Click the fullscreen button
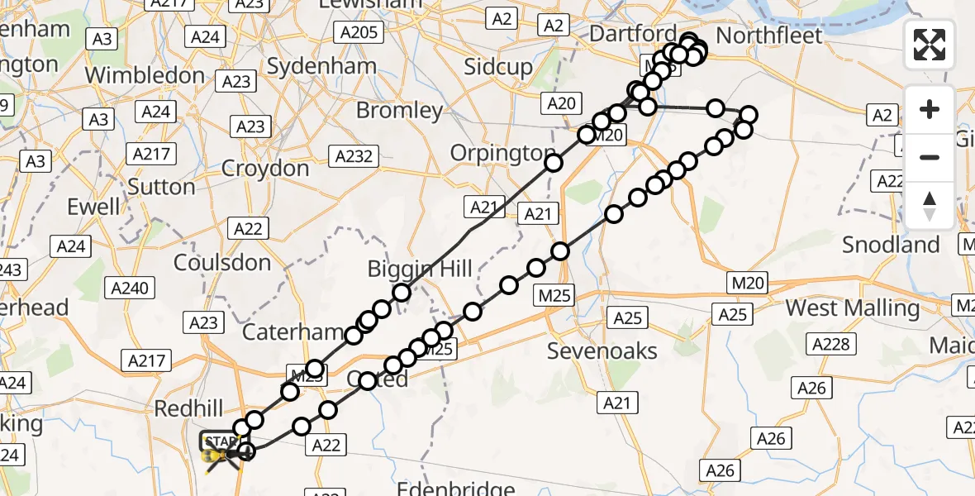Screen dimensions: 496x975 pyautogui.click(x=930, y=44)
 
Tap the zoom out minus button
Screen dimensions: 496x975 pyautogui.click(x=930, y=157)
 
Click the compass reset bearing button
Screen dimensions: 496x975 pyautogui.click(x=930, y=206)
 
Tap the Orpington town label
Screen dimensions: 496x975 pyautogui.click(x=502, y=153)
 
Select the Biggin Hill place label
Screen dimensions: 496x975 pyautogui.click(x=420, y=269)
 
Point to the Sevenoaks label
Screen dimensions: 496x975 pyautogui.click(x=602, y=351)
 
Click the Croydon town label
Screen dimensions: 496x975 pyautogui.click(x=265, y=169)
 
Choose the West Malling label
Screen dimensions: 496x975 pyautogui.click(x=852, y=309)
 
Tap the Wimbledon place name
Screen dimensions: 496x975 pyautogui.click(x=145, y=75)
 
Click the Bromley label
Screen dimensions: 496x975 pyautogui.click(x=399, y=110)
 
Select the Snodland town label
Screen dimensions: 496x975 pyautogui.click(x=891, y=245)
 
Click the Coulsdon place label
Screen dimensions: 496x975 pyautogui.click(x=222, y=263)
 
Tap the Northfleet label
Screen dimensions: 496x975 pyautogui.click(x=769, y=36)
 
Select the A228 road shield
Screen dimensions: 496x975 pyautogui.click(x=830, y=344)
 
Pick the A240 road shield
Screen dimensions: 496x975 pyautogui.click(x=129, y=288)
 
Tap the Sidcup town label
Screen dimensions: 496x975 pyautogui.click(x=498, y=67)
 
